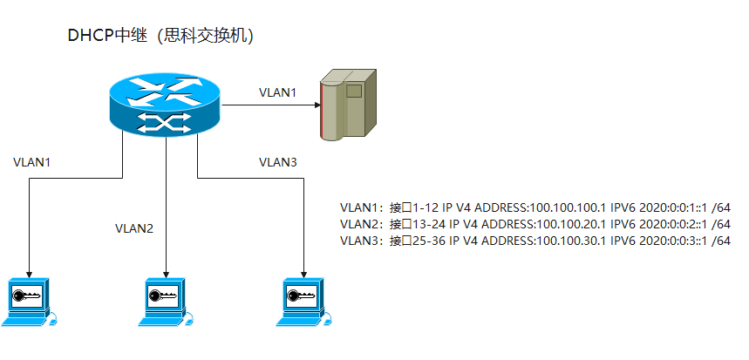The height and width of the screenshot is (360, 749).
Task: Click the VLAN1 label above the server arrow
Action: [277, 92]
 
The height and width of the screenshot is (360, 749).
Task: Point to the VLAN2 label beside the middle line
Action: [134, 229]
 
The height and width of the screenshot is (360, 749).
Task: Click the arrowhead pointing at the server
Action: [316, 105]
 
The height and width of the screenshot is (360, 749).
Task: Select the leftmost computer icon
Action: [30, 302]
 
